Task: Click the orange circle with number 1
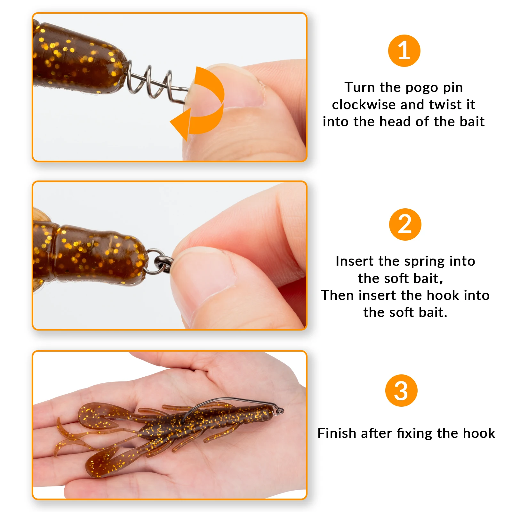pos(404,51)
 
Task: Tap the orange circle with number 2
pos(405,224)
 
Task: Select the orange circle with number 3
pos(401,390)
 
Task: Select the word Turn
pos(359,87)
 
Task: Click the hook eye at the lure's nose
pos(280,411)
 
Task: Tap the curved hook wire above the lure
pos(224,400)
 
